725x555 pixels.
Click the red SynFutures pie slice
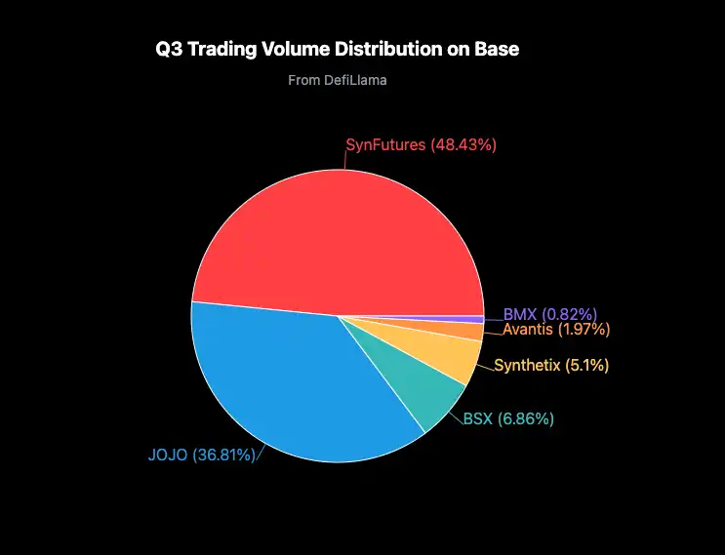click(332, 234)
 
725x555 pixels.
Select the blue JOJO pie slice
click(293, 380)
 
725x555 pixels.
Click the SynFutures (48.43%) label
click(422, 144)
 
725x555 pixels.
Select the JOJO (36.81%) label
click(201, 455)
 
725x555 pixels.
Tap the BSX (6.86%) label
click(508, 419)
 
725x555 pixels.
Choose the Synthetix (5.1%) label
click(552, 366)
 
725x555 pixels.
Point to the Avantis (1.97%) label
click(556, 330)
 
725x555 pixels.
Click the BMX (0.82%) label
click(550, 314)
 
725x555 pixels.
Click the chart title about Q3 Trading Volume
click(338, 50)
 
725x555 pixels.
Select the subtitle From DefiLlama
click(338, 80)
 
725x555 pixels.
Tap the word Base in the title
click(499, 50)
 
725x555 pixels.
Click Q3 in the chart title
click(169, 50)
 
